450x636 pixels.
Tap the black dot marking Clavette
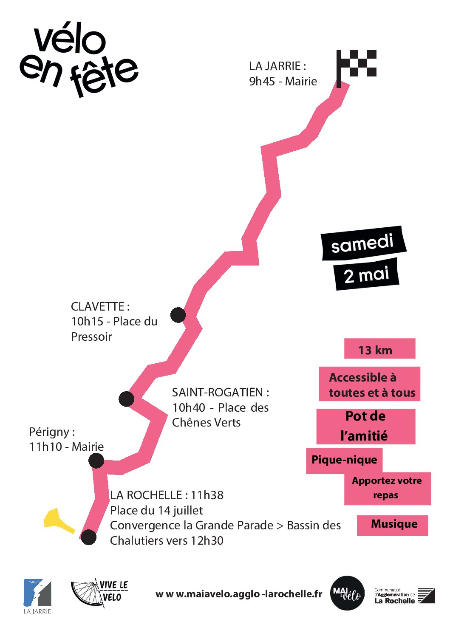click(178, 315)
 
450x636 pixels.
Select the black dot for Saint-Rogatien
click(126, 399)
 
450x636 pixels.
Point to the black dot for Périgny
click(96, 461)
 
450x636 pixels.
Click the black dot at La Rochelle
click(89, 537)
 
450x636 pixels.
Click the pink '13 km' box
click(379, 349)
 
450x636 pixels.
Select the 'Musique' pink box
click(392, 525)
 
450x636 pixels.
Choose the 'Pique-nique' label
click(344, 460)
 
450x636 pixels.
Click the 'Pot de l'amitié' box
click(365, 426)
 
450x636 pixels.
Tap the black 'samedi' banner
click(363, 243)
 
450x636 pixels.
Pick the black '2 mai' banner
click(366, 274)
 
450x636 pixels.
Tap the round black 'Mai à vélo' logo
click(347, 593)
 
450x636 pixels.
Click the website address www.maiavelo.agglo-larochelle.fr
click(239, 594)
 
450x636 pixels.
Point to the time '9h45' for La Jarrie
click(262, 81)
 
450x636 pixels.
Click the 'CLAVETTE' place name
click(98, 306)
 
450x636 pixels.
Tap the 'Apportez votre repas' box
click(387, 488)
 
